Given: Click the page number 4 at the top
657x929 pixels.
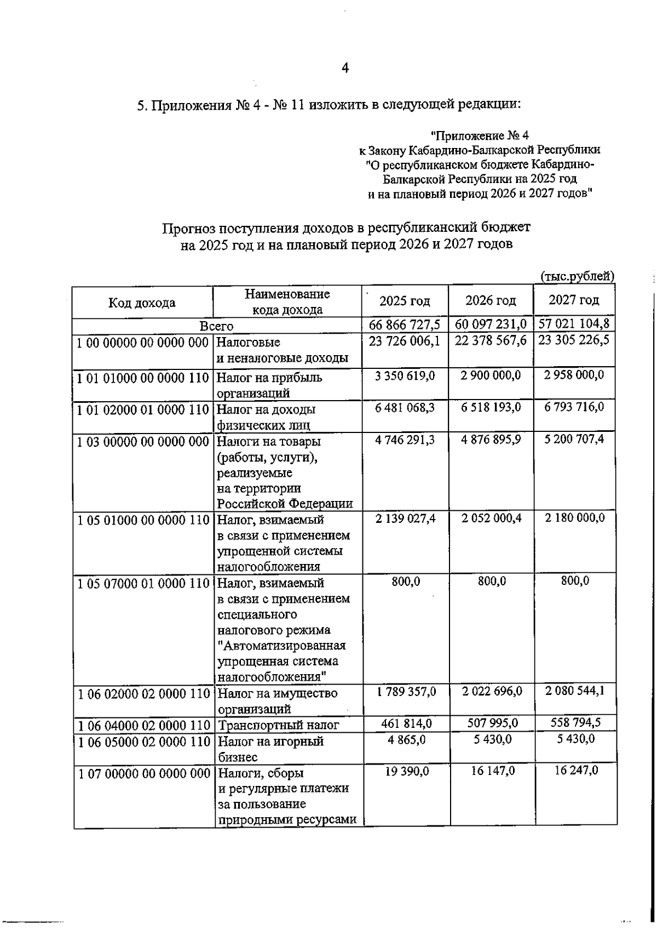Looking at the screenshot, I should click(x=345, y=68).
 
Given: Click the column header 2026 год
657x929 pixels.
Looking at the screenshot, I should click(x=491, y=300).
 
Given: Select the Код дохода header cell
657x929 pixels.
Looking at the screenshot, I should click(x=142, y=303).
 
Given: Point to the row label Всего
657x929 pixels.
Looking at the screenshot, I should click(x=216, y=326).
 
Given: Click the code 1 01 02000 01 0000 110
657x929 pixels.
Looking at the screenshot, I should click(x=143, y=409).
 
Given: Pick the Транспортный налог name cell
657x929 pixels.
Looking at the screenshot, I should click(x=278, y=725).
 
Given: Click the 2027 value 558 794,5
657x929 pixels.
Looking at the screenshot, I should click(x=575, y=722).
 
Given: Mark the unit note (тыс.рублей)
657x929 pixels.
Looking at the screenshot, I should click(x=577, y=276).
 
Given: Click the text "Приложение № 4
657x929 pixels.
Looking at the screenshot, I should click(x=479, y=134).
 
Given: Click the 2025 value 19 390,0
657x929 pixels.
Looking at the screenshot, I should click(x=406, y=771).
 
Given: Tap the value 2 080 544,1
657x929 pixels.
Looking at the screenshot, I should click(x=575, y=691).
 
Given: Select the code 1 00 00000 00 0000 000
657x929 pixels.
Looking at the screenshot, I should click(x=143, y=343).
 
